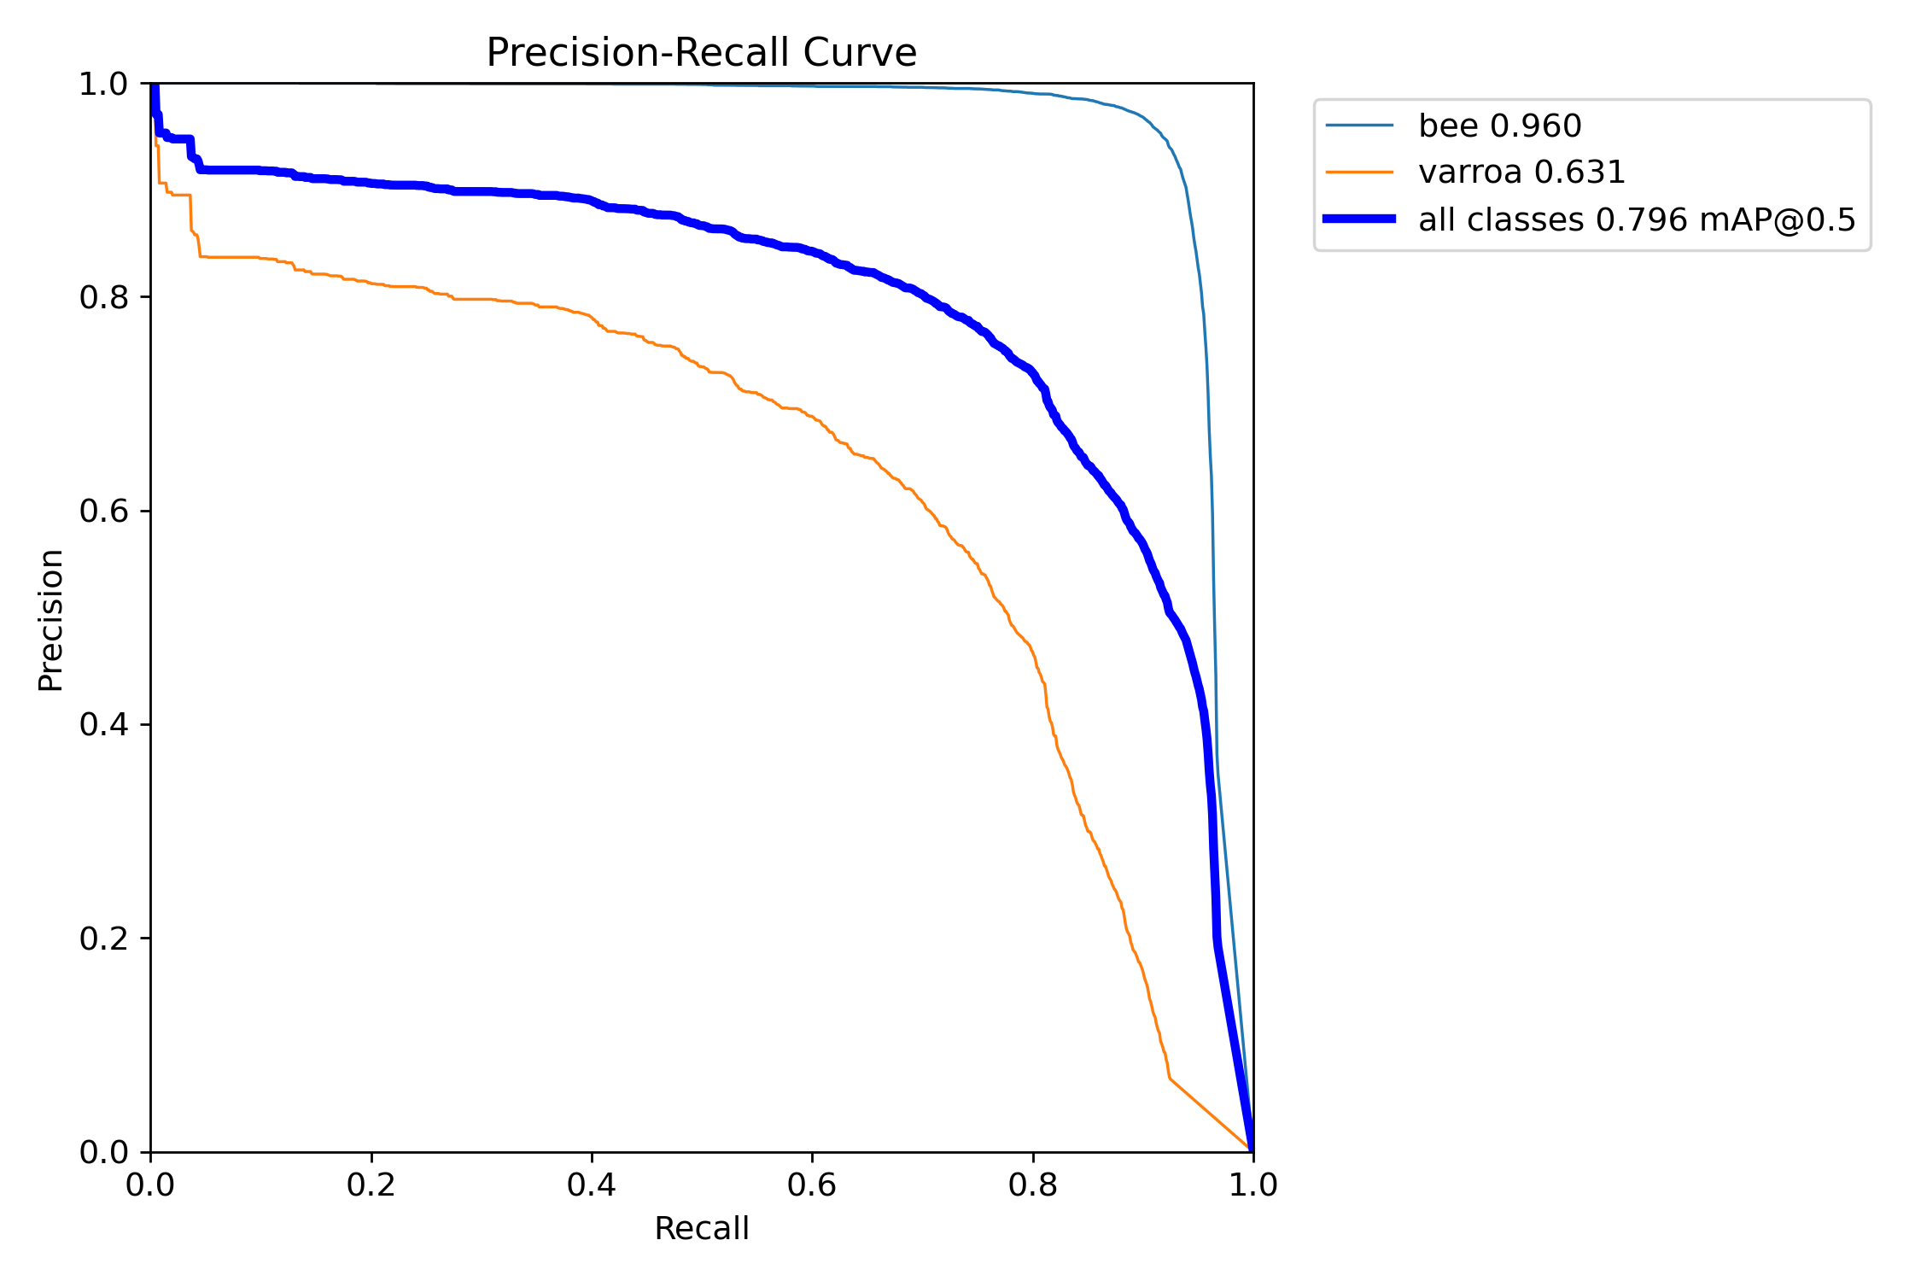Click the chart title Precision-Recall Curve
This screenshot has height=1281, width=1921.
701,53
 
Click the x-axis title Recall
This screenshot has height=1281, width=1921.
701,1229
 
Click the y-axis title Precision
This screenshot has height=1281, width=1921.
50,620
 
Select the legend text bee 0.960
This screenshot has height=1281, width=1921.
1499,126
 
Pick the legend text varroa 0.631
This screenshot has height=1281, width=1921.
1521,173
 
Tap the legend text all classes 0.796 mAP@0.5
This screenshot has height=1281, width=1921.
1637,220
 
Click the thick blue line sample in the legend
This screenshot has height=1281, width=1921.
1359,219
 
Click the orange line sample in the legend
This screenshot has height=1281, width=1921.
1359,173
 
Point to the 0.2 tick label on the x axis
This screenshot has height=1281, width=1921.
371,1185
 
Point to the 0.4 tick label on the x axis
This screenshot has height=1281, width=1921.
592,1185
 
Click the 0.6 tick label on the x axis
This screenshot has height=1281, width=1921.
812,1185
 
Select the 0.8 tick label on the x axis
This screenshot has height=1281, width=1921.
1032,1185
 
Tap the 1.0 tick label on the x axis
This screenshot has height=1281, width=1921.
1252,1185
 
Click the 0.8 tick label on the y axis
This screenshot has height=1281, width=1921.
102,298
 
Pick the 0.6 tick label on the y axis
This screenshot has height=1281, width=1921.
102,512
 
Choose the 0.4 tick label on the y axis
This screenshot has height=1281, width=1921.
102,725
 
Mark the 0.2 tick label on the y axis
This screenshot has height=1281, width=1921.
102,939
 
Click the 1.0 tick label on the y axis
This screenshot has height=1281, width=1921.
102,85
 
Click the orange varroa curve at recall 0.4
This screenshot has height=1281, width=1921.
592,319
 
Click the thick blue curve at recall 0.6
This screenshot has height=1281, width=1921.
812,252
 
